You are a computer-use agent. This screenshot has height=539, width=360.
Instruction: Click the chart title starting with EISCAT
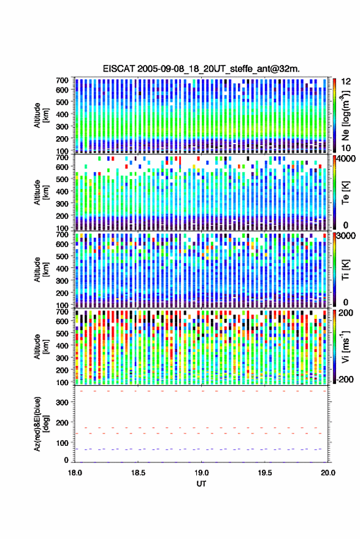coord(201,69)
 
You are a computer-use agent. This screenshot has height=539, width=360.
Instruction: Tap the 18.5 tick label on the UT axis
coord(138,473)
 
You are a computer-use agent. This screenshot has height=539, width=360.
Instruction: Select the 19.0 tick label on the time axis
coord(202,473)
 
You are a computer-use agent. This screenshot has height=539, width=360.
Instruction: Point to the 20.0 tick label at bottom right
coord(328,473)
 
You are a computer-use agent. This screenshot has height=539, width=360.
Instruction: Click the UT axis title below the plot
coord(202,484)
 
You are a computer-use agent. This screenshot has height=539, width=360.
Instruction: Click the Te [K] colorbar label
coord(345,193)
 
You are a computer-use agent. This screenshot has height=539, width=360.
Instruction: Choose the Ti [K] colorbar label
coord(345,270)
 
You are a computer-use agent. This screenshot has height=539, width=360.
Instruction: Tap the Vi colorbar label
coord(345,346)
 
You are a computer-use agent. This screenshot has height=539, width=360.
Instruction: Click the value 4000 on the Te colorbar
coord(346,159)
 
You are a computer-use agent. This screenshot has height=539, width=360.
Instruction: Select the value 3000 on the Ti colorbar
coord(346,236)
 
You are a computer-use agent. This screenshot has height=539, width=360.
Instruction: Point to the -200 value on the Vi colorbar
coord(343,380)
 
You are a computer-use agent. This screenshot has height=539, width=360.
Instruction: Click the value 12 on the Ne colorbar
coord(347,82)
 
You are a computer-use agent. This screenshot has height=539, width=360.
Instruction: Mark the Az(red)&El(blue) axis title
coord(42,424)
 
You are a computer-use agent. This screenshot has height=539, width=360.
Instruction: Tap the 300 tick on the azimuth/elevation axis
coord(62,402)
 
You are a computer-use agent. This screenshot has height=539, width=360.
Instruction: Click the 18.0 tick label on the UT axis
coord(75,473)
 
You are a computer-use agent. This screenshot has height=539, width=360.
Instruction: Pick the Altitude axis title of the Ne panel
coord(41,115)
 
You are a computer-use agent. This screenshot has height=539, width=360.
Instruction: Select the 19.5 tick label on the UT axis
coord(265,473)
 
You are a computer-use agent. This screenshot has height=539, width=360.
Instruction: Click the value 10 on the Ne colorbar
coord(346,148)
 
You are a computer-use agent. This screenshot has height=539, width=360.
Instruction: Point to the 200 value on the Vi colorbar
coord(346,313)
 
